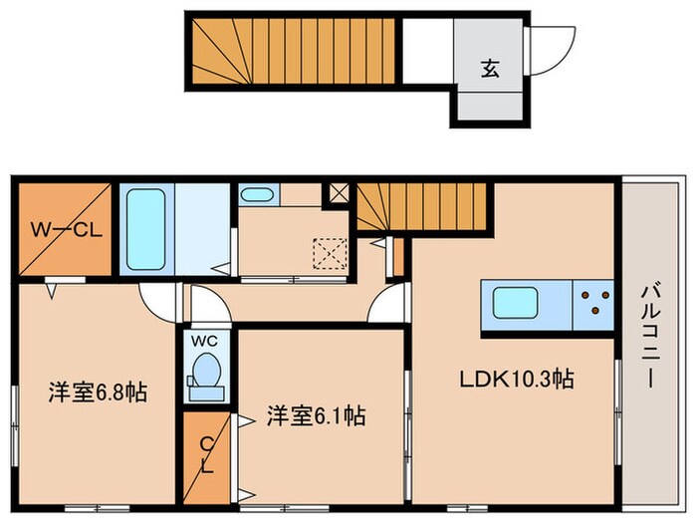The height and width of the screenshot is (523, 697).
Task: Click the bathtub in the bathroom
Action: point(147,229)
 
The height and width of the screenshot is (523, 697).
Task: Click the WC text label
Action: point(204,341)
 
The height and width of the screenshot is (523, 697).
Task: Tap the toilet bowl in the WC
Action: point(205,377)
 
